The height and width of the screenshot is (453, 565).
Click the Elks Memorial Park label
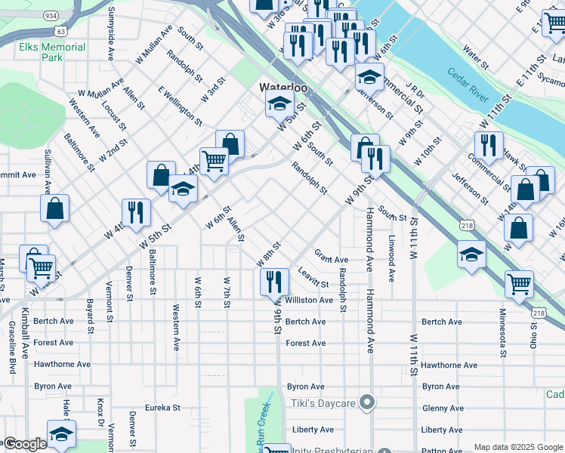52,51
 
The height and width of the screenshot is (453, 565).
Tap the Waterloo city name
283,88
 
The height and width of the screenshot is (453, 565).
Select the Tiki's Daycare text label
324,403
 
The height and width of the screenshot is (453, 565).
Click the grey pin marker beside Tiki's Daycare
367,402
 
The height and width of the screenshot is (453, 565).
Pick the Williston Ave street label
309,300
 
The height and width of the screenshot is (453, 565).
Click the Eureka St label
163,408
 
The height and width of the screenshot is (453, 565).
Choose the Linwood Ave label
391,260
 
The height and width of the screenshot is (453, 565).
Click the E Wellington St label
179,105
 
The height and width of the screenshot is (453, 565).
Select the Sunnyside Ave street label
111,34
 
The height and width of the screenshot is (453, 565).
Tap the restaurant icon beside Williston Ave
274,282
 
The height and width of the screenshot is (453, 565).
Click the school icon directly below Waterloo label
279,104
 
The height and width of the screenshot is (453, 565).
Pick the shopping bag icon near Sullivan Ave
55,210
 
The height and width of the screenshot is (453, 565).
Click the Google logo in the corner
24,444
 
